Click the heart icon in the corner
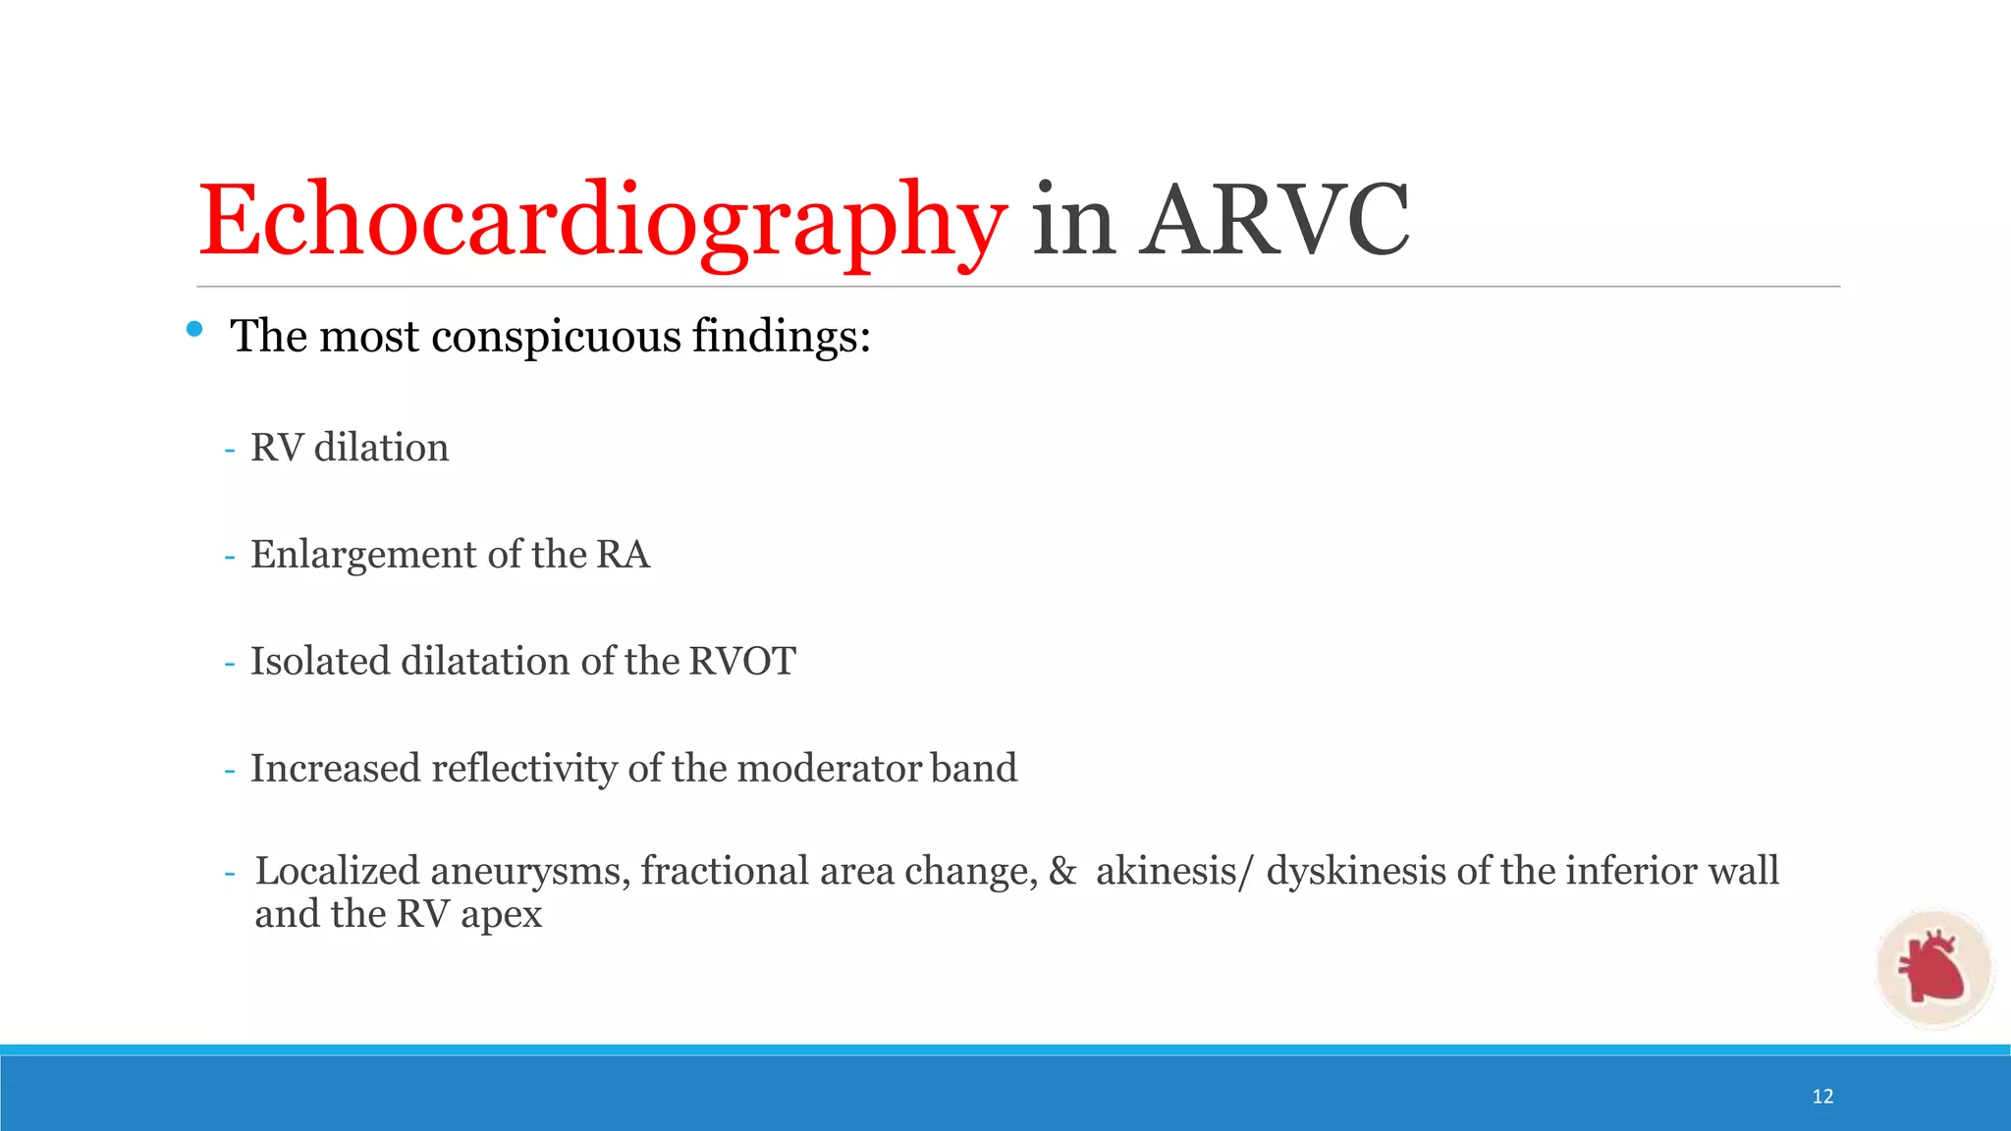pos(1933,968)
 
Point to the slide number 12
pos(1822,1097)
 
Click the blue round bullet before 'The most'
pos(194,329)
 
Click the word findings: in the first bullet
pos(782,337)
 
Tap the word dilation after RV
pos(381,448)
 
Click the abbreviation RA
pos(623,555)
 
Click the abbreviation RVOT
pos(742,661)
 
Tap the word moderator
pos(828,768)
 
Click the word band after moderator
pos(973,768)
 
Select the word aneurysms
pos(530,872)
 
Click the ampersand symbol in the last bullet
pos(1062,872)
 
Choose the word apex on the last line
pos(501,915)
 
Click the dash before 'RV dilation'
pos(230,450)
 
